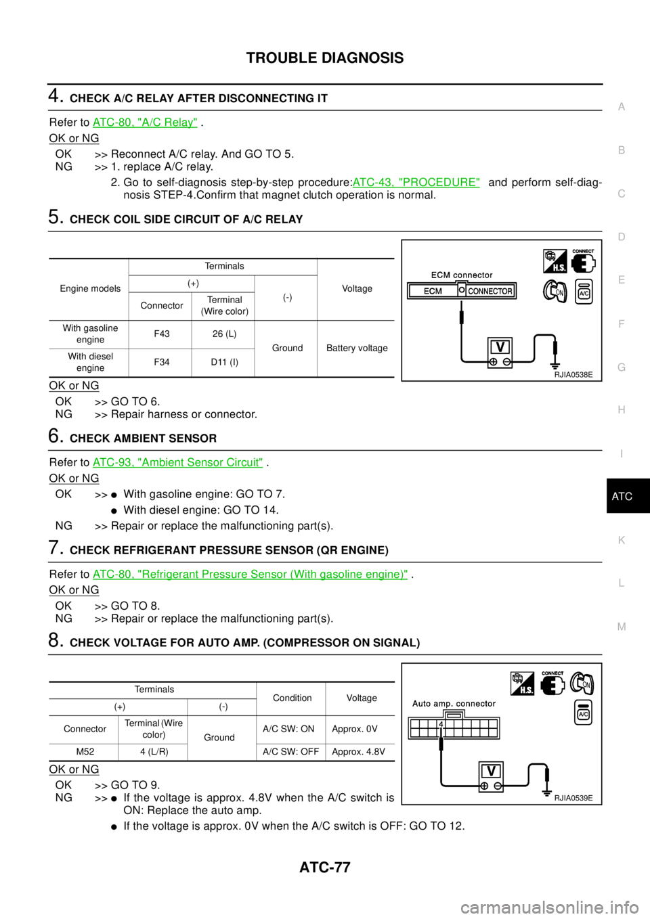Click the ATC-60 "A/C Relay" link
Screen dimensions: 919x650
(144, 122)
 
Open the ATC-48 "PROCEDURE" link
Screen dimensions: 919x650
(416, 182)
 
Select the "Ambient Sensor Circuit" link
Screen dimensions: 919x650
(177, 462)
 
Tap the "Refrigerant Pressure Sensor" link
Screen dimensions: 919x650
(250, 574)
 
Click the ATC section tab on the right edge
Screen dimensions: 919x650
(622, 497)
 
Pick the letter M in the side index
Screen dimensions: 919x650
(622, 627)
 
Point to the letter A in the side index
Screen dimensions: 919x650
(622, 107)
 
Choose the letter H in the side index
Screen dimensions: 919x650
(622, 410)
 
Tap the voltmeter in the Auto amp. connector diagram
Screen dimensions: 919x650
(491, 777)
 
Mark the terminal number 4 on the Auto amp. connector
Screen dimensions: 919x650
(441, 724)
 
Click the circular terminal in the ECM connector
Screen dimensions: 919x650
(461, 290)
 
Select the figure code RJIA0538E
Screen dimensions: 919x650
(573, 374)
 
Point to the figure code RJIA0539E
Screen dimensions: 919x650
(573, 798)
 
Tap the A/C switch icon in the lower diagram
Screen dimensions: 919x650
(583, 713)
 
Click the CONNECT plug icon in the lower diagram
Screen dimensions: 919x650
(552, 683)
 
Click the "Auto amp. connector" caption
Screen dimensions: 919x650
(454, 704)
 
